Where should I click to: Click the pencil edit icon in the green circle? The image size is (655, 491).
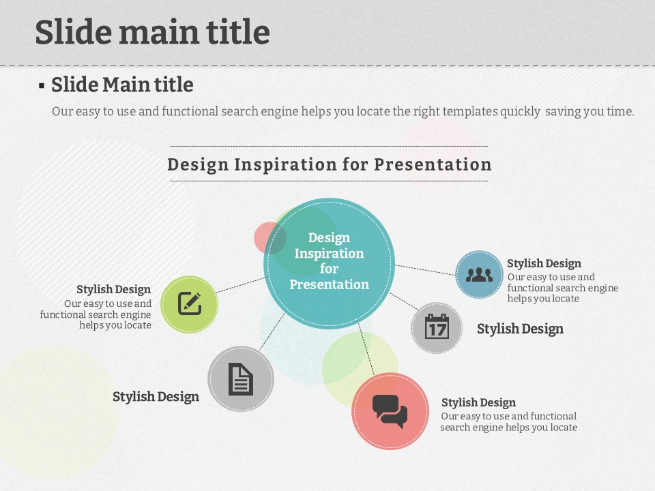(190, 303)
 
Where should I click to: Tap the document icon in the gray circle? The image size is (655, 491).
(241, 379)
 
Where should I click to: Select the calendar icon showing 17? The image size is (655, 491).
(437, 327)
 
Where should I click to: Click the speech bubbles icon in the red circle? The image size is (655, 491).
(390, 411)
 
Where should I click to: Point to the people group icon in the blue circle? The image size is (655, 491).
(479, 274)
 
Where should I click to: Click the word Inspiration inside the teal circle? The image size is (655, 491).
(329, 254)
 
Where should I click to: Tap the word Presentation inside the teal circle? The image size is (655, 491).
(329, 284)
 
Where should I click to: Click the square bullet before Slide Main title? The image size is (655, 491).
(42, 86)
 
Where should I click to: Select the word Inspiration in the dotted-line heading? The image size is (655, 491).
(285, 164)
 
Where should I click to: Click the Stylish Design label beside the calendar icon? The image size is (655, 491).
(520, 329)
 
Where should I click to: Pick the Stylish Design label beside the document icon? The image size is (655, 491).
(156, 397)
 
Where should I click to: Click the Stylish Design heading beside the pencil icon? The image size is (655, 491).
(114, 289)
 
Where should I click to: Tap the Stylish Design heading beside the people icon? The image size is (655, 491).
(544, 263)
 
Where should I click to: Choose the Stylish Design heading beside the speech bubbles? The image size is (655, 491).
(478, 402)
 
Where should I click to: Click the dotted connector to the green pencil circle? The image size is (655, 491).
(241, 285)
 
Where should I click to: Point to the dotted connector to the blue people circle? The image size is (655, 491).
(425, 270)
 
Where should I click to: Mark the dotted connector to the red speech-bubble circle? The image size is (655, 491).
(366, 349)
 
